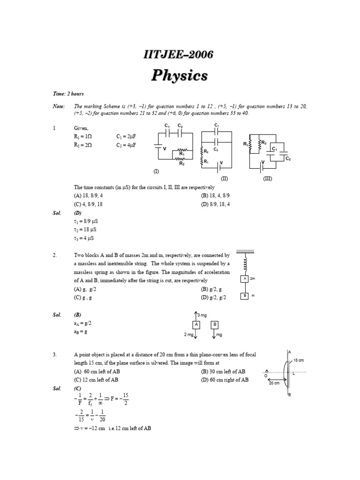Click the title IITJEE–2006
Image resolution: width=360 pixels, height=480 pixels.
coord(178,55)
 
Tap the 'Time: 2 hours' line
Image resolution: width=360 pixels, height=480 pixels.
coord(68,94)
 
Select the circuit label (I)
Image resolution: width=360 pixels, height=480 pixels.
coord(156,172)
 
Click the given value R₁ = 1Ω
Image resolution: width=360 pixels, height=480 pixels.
coord(83,136)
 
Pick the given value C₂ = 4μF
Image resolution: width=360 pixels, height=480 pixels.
coord(126,145)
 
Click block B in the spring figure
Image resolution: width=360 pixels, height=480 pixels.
coord(244,296)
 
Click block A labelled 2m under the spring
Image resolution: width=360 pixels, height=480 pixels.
coord(244,279)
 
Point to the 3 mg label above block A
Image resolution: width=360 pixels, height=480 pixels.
coord(201,315)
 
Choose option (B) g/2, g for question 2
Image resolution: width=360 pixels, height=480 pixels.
coord(214,289)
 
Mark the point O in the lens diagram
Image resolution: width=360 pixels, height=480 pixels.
coord(266,375)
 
